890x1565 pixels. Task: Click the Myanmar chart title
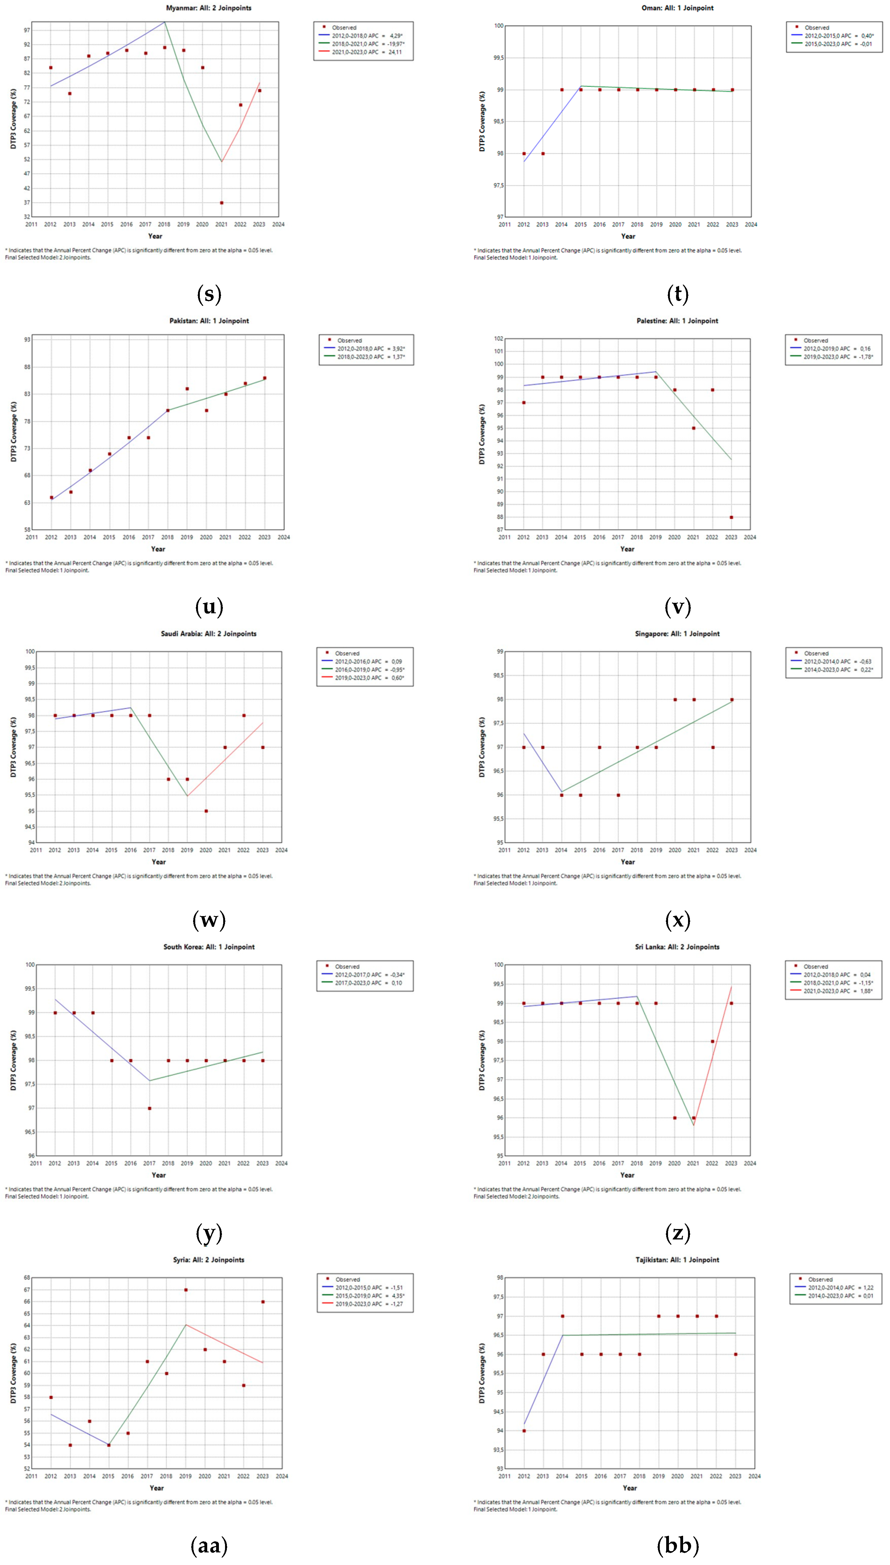pyautogui.click(x=208, y=8)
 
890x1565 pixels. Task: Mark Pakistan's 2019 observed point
pyautogui.click(x=187, y=389)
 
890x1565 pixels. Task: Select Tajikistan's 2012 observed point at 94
pyautogui.click(x=524, y=1431)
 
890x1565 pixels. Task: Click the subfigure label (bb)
pyautogui.click(x=677, y=1545)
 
